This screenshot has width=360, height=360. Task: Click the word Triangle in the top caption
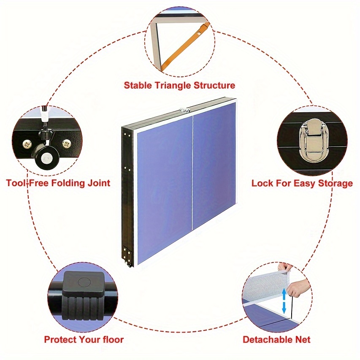coord(173,86)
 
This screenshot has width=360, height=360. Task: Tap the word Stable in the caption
coord(138,85)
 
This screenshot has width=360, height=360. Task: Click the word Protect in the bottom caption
coord(60,339)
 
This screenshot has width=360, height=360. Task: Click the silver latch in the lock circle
coord(312,140)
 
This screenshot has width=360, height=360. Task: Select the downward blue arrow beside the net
coord(284,308)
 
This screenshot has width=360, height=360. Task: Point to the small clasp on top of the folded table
coord(184,110)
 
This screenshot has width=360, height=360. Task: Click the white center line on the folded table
coord(192,172)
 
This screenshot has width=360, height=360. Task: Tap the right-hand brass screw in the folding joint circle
coord(67,144)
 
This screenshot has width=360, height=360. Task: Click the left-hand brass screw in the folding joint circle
coord(27,145)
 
